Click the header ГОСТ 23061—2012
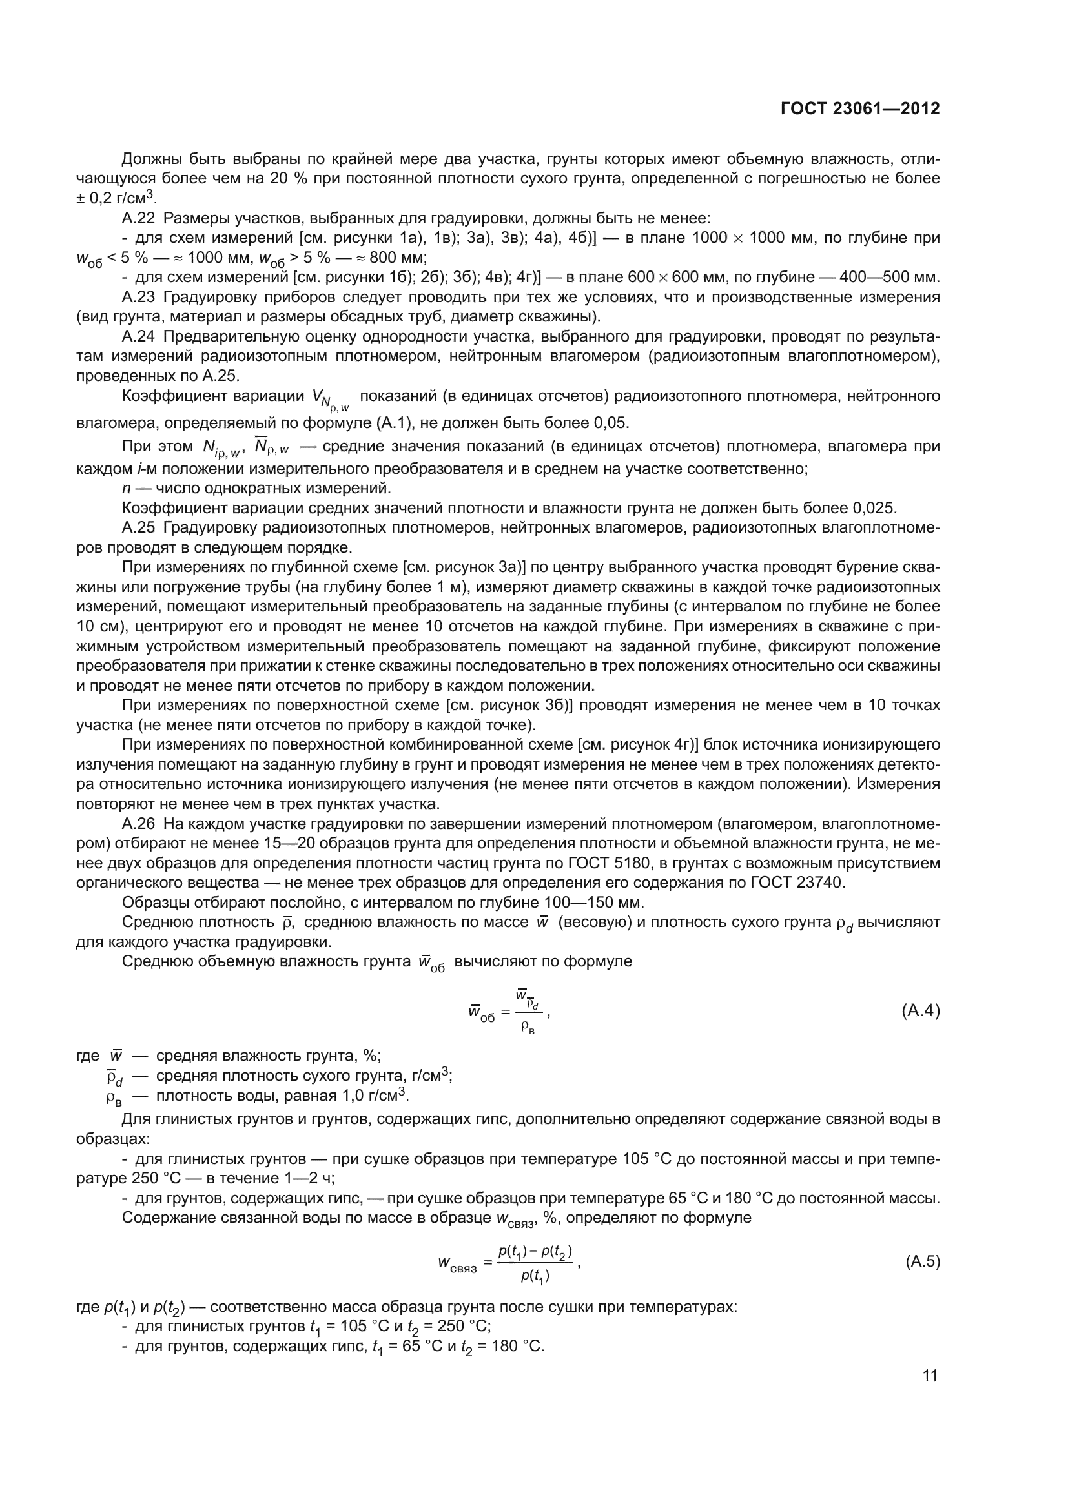click(859, 108)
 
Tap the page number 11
click(930, 1376)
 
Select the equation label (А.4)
click(920, 1011)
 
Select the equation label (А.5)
click(923, 1262)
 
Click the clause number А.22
click(139, 218)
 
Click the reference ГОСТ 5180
click(714, 864)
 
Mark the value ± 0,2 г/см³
click(116, 198)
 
